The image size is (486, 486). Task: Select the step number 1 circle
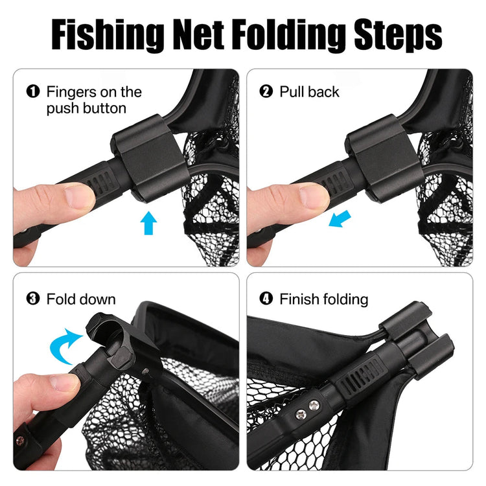(x=33, y=92)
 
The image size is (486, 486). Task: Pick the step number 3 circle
(x=33, y=299)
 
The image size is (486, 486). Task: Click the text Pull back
(x=309, y=92)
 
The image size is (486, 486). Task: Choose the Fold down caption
(x=81, y=299)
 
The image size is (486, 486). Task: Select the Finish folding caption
(x=323, y=299)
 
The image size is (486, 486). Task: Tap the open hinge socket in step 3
(x=108, y=330)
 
